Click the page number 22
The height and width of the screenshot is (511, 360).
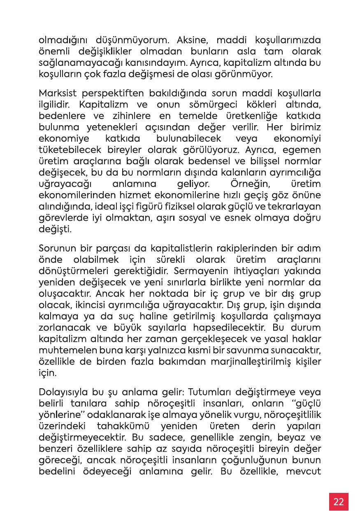339,502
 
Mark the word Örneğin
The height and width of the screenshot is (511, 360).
243,182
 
